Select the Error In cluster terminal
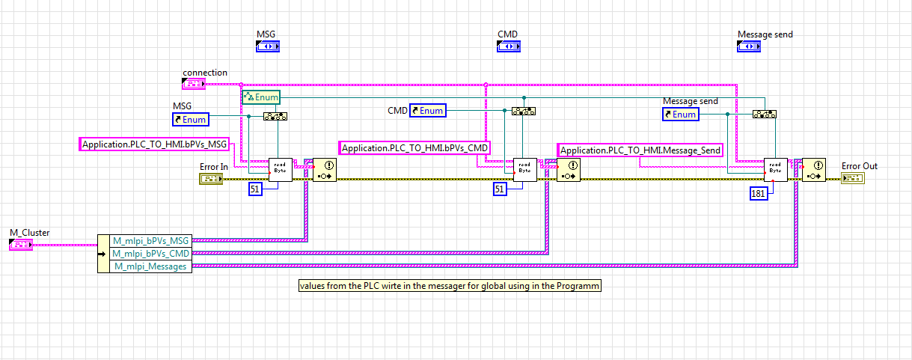pos(210,178)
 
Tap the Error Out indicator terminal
pos(852,178)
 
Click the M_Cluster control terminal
pos(19,244)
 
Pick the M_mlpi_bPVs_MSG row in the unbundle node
pos(150,241)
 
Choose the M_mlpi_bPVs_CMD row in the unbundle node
pos(150,254)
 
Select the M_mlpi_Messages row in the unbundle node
pos(150,266)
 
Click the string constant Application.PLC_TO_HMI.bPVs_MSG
pos(154,144)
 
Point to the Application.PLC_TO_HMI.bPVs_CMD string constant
pos(415,148)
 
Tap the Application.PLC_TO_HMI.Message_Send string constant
pos(640,150)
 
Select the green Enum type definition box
pos(260,97)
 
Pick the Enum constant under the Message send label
pos(681,115)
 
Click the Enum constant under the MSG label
pos(190,119)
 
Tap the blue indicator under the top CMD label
pos(508,47)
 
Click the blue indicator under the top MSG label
pos(267,47)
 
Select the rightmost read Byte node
pos(775,170)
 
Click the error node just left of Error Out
pos(813,170)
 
